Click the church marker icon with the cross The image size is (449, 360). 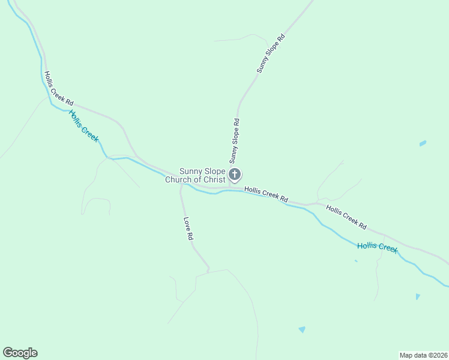tap(235, 175)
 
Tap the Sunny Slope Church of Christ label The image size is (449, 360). tap(196, 175)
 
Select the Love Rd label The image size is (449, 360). tap(188, 229)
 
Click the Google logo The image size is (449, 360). tap(20, 353)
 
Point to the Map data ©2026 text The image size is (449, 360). tap(423, 355)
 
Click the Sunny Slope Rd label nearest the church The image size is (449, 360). tap(234, 141)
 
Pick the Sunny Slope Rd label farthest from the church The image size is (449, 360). tap(270, 54)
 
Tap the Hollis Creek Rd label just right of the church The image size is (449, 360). tap(267, 193)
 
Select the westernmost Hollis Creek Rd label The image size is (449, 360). tap(58, 88)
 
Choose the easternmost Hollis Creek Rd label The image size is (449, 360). tap(346, 217)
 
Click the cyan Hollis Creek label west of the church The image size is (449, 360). tap(83, 125)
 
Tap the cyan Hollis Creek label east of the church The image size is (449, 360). tap(377, 247)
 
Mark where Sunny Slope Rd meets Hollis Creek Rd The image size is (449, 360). tap(230, 187)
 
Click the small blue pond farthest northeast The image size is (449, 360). tap(423, 143)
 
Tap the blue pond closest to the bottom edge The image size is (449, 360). tap(302, 329)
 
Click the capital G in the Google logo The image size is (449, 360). tap(8, 353)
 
